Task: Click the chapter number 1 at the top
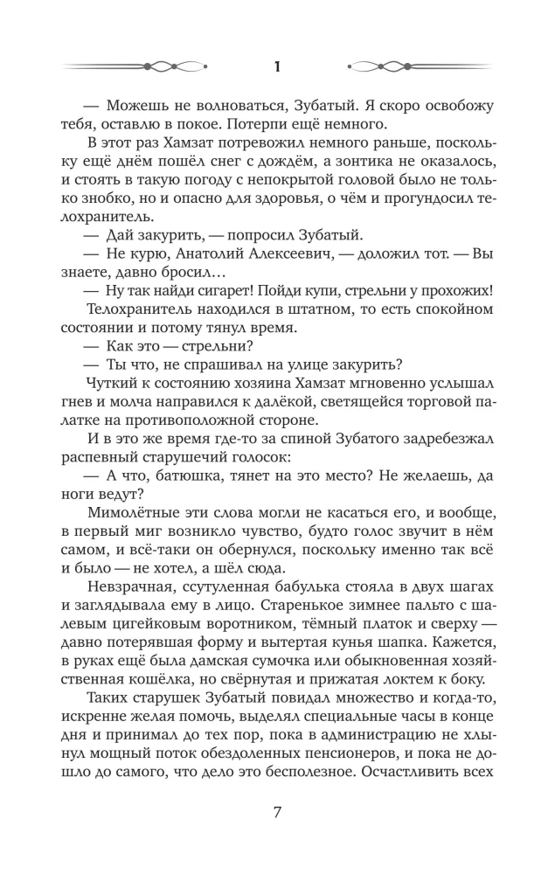pyautogui.click(x=277, y=66)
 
